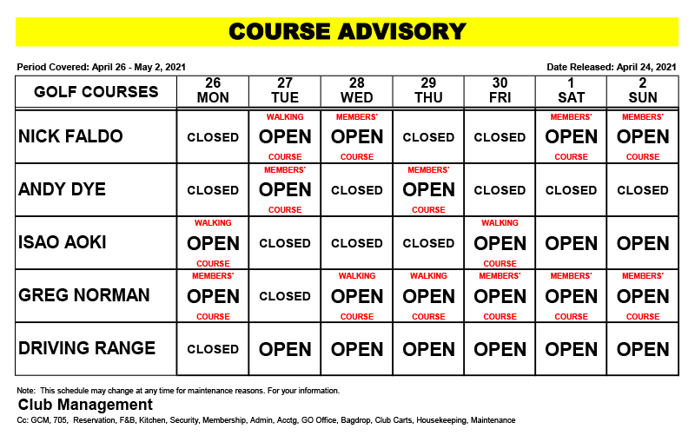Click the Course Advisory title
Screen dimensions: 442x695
(347, 32)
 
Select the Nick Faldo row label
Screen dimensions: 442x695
(70, 136)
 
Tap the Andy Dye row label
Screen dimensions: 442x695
(63, 189)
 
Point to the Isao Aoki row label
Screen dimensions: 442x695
(63, 242)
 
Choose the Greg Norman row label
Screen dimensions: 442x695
(83, 295)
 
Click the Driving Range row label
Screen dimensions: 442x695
(87, 348)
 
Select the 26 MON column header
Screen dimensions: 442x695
(213, 91)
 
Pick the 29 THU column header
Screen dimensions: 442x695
(428, 91)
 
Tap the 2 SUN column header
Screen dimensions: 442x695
(643, 91)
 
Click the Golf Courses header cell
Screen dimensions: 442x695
(96, 91)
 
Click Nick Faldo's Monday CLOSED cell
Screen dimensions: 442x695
(213, 137)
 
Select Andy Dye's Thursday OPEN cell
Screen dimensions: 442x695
(428, 189)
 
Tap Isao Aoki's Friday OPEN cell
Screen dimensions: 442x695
(500, 243)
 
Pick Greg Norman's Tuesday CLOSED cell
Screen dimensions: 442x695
(285, 296)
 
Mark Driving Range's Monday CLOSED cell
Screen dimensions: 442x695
(213, 349)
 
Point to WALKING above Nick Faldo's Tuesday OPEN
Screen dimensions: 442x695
(285, 116)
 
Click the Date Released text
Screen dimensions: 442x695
(612, 67)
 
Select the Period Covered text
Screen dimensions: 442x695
(101, 67)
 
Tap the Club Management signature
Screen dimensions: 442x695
(85, 405)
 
